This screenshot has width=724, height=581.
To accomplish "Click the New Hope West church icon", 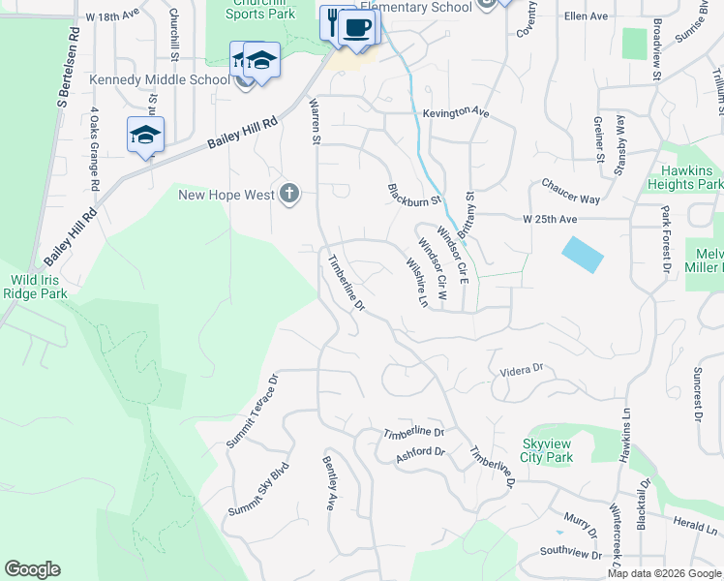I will coord(287,195).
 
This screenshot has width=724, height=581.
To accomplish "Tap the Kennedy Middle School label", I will coord(146,79).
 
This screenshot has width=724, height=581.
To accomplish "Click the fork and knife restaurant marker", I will coord(332,22).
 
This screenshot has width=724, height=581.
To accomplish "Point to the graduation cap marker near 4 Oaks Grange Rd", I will coord(145,135).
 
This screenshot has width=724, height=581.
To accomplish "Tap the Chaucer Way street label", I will coord(571,191).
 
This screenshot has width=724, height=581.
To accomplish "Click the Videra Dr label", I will coord(523,370).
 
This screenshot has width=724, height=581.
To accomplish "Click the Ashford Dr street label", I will coord(420,452).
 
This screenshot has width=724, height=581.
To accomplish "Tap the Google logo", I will coord(32,569).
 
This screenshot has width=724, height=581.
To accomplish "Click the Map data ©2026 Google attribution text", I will coord(664,573).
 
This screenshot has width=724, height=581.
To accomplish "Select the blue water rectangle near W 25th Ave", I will coord(582,255).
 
